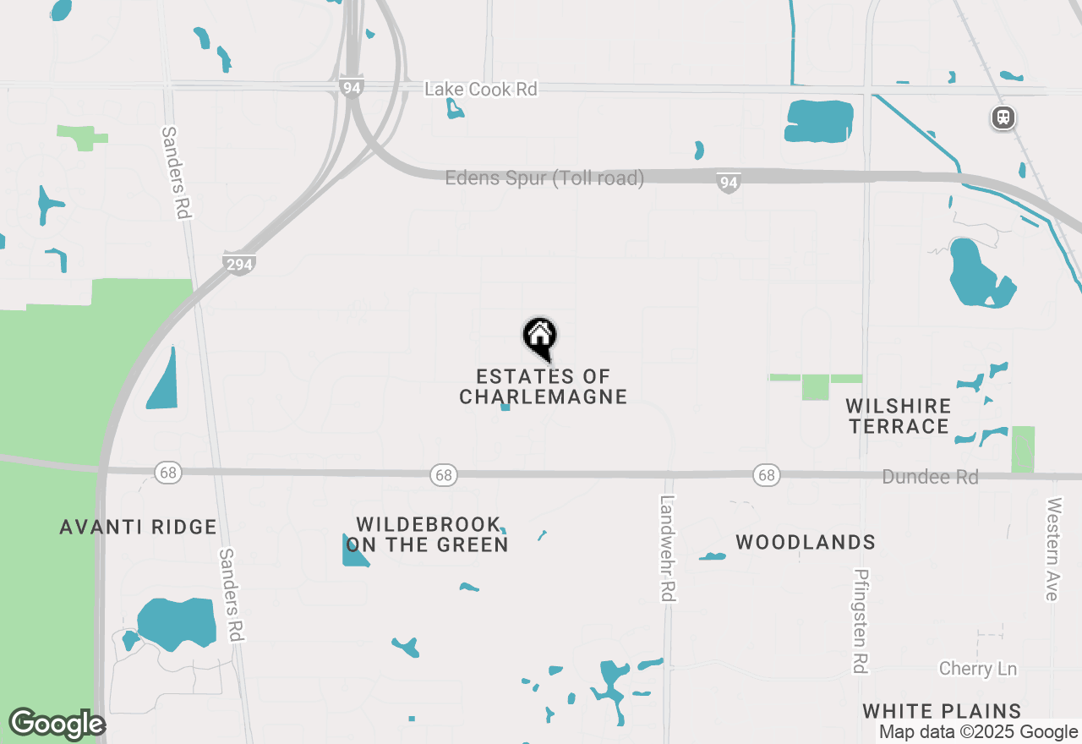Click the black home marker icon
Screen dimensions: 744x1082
tap(539, 337)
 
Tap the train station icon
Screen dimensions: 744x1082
tap(1003, 118)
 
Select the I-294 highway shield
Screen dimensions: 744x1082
tap(240, 264)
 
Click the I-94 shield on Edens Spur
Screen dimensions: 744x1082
tap(729, 183)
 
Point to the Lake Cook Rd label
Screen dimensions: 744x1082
tap(481, 89)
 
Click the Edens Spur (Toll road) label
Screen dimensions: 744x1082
tap(544, 178)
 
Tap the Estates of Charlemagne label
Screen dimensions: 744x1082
tap(544, 386)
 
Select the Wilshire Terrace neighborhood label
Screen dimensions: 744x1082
tap(899, 416)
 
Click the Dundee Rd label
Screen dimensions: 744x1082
tap(930, 477)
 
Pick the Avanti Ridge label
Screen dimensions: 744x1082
tap(139, 528)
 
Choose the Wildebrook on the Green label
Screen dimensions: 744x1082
tap(427, 534)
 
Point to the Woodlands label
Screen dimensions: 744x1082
tap(806, 542)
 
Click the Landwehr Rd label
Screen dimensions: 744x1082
tap(668, 549)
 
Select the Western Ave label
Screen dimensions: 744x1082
tap(1052, 549)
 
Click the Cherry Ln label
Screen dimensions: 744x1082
tap(978, 669)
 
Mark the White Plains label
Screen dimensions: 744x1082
tap(942, 711)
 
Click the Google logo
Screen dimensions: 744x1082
tap(57, 724)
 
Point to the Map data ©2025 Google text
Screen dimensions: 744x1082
tap(978, 732)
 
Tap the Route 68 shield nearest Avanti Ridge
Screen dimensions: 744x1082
tap(168, 473)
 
